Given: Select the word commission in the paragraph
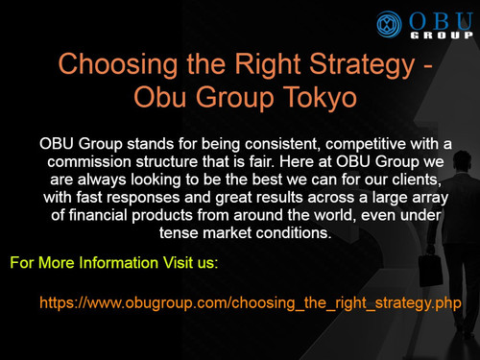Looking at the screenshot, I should point(94,159).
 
